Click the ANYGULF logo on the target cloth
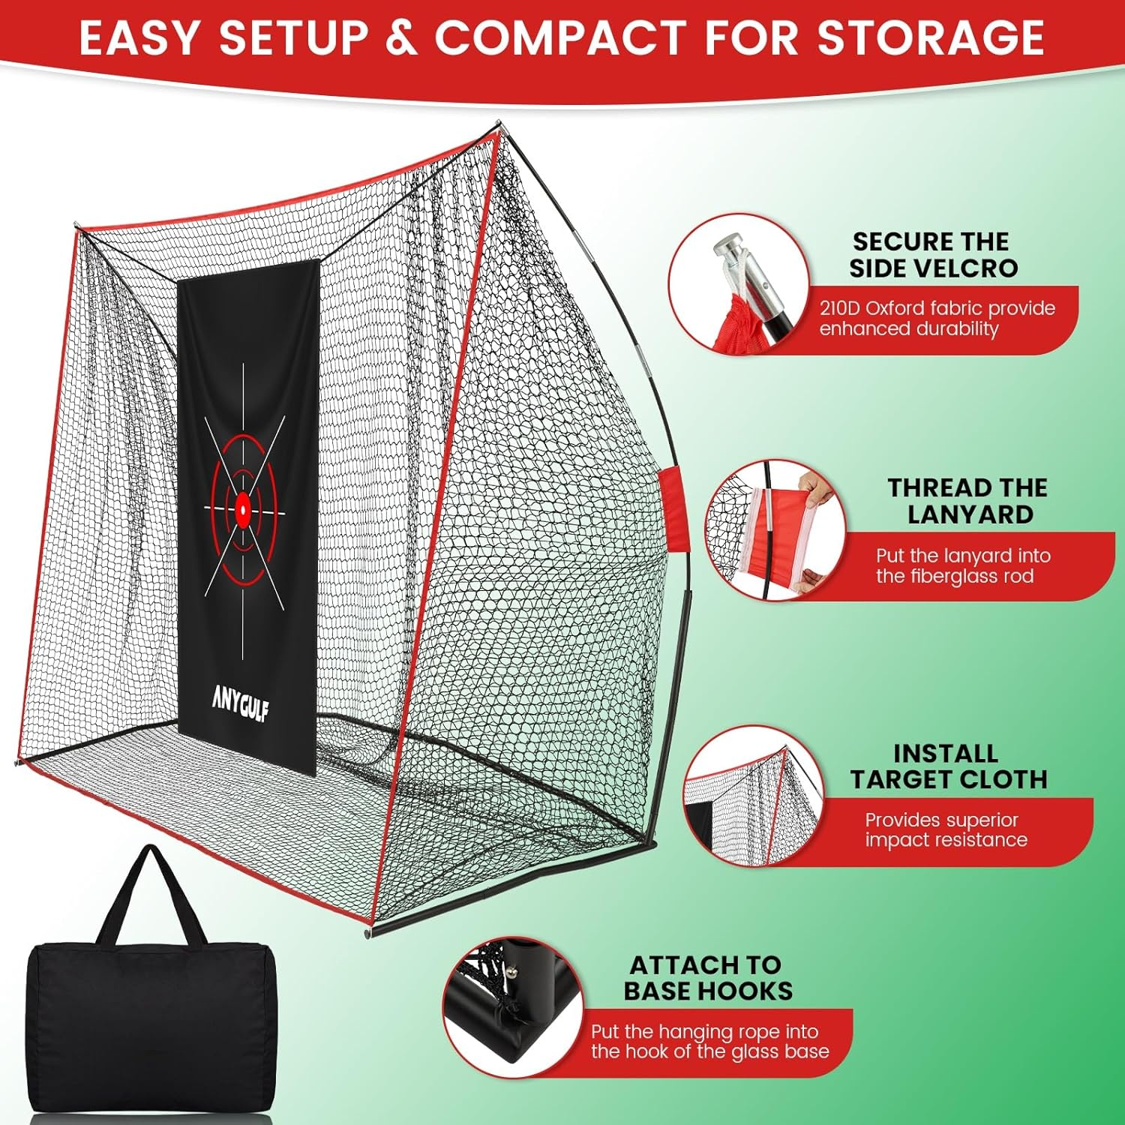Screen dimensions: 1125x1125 pyautogui.click(x=240, y=704)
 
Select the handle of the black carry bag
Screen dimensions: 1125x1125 pyautogui.click(x=153, y=885)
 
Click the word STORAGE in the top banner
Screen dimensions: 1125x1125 pyautogui.click(x=930, y=37)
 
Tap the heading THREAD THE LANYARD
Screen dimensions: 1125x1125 pyautogui.click(x=968, y=501)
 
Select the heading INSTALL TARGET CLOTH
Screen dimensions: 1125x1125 pyautogui.click(x=948, y=766)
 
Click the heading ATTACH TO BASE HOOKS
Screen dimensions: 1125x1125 pyautogui.click(x=707, y=977)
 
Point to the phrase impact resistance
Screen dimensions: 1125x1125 pyautogui.click(x=946, y=839)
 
